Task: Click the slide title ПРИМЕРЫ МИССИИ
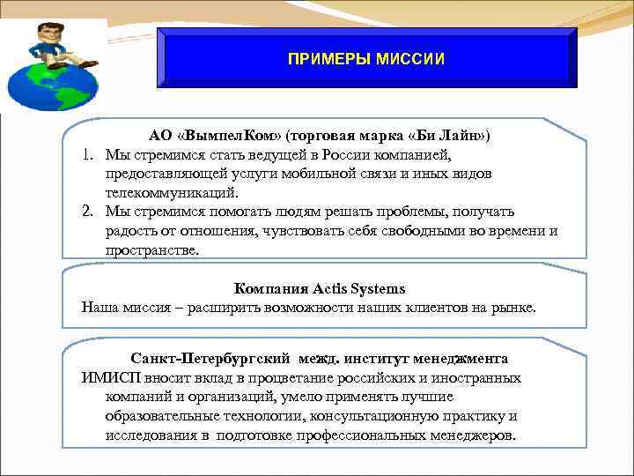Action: pos(365,59)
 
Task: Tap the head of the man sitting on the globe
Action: pos(45,35)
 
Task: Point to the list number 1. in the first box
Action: pos(90,154)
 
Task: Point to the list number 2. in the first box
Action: pos(90,212)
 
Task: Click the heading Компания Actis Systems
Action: pos(320,288)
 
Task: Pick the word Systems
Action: pos(376,288)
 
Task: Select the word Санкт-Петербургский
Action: pos(210,359)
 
